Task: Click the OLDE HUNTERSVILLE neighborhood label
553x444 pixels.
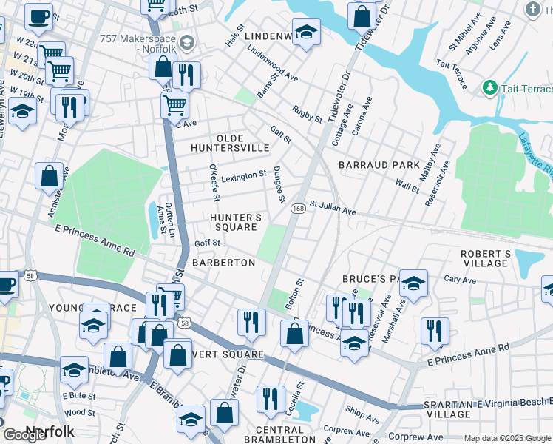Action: [242, 143]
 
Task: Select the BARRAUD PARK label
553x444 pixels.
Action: [379, 164]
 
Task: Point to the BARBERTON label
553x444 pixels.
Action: [223, 263]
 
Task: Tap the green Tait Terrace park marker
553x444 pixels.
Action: [489, 89]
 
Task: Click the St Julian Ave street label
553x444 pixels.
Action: [333, 208]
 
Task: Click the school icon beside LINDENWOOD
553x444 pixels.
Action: [305, 32]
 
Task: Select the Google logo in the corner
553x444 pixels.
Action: [24, 435]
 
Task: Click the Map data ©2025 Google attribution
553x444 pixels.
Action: [507, 438]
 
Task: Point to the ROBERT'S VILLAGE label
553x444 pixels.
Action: [486, 258]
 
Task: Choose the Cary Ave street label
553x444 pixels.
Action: [460, 280]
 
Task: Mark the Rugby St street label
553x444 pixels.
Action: [307, 114]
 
